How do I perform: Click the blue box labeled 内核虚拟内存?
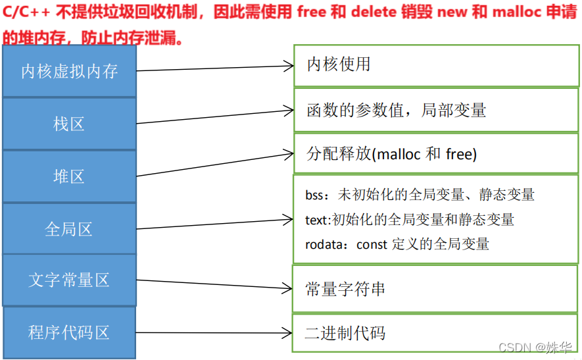click(69, 71)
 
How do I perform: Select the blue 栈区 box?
click(69, 124)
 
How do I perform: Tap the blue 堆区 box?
click(69, 176)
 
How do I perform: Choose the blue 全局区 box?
click(69, 229)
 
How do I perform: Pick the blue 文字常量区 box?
click(69, 280)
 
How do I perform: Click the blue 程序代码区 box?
click(69, 332)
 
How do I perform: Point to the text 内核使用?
click(339, 64)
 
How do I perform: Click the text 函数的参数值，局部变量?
click(396, 110)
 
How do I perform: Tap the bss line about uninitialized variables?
click(420, 195)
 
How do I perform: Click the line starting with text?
click(410, 219)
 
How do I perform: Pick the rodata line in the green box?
click(397, 244)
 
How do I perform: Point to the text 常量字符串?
click(345, 289)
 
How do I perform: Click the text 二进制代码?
click(345, 333)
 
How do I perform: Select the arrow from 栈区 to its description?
click(214, 116)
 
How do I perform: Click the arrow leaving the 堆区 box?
click(214, 165)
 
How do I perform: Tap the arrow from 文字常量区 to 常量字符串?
click(214, 284)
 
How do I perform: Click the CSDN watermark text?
click(516, 347)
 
